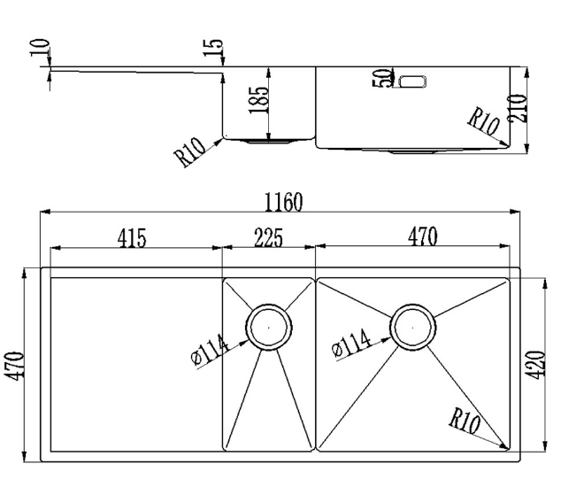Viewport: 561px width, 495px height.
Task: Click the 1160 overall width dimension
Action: [283, 202]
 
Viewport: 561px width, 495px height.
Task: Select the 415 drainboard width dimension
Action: [132, 238]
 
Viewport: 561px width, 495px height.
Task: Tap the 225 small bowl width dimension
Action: [268, 237]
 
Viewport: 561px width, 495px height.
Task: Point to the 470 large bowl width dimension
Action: [423, 236]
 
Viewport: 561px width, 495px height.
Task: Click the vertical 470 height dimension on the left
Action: [14, 366]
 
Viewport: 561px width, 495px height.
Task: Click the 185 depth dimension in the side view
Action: [258, 100]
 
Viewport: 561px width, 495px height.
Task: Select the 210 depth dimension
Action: [518, 109]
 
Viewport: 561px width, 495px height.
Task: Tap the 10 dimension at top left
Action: [39, 48]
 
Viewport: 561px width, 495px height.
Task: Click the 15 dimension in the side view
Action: [213, 47]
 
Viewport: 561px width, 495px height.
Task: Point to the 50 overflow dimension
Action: [382, 78]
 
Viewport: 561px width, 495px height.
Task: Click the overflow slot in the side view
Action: [412, 81]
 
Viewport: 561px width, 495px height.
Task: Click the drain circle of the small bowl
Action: [269, 327]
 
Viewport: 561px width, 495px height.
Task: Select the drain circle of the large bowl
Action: [413, 327]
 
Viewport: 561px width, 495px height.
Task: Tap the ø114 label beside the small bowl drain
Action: [210, 351]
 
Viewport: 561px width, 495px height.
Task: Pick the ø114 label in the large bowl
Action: [351, 343]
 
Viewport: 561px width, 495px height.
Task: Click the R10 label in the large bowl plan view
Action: [465, 422]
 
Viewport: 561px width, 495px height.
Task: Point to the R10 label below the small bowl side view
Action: [189, 152]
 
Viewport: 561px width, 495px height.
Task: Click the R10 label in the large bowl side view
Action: [483, 122]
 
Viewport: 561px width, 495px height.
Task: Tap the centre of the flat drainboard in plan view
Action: [136, 364]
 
